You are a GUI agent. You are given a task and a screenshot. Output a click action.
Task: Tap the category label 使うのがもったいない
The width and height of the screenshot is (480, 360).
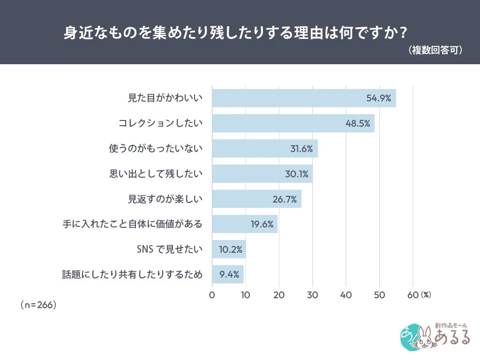pyautogui.click(x=155, y=149)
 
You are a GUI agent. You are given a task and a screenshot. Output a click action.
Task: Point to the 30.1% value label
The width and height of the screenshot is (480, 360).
pyautogui.click(x=296, y=174)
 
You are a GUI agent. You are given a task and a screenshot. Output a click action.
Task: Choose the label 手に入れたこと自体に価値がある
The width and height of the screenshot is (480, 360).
pyautogui.click(x=132, y=224)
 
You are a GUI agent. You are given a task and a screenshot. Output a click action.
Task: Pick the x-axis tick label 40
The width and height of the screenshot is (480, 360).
pyautogui.click(x=346, y=295)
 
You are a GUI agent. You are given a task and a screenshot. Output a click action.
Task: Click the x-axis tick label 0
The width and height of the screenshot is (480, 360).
pyautogui.click(x=212, y=295)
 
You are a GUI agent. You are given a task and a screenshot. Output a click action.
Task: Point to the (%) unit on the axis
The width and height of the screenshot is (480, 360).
pyautogui.click(x=425, y=295)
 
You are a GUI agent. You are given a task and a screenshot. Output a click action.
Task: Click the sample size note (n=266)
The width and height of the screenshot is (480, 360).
pyautogui.click(x=38, y=305)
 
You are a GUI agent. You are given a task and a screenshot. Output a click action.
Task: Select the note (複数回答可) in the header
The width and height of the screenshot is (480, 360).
pyautogui.click(x=435, y=50)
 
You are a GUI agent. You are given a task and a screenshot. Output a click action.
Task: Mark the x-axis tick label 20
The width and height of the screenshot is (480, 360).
pyautogui.click(x=279, y=295)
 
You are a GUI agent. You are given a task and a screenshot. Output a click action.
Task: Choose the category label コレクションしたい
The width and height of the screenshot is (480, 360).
pyautogui.click(x=160, y=123)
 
